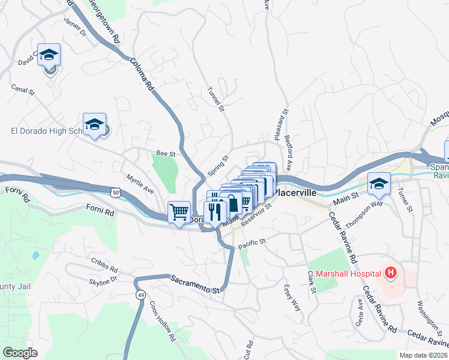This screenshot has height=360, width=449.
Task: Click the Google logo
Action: click(20, 353)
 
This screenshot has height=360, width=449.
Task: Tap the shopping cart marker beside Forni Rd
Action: click(179, 212)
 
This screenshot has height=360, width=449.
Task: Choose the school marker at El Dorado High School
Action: click(95, 124)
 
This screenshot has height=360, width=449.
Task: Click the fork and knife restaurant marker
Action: click(214, 212)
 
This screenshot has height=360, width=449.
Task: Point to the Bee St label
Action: click(165, 154)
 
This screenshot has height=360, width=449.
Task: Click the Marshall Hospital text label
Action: click(345, 274)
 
